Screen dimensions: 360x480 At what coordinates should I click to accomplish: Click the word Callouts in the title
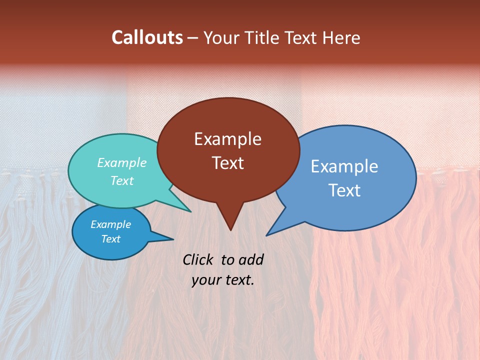(x=147, y=37)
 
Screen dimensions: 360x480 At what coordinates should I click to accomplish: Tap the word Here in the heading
(x=342, y=37)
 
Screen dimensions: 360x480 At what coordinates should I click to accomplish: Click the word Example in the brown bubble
(x=227, y=139)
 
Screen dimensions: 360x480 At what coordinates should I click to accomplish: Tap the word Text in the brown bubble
(x=227, y=163)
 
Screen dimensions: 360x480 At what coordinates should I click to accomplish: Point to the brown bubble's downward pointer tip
(x=230, y=230)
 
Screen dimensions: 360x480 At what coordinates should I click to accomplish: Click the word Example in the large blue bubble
(x=344, y=166)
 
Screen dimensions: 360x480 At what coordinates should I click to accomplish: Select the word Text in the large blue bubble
(x=344, y=190)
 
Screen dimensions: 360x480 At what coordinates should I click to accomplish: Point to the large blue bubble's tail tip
(x=266, y=235)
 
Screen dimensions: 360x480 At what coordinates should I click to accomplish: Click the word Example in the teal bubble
(x=121, y=163)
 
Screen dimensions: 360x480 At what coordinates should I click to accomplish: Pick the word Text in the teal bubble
(x=121, y=181)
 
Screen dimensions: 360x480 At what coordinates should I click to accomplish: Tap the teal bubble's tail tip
(x=190, y=211)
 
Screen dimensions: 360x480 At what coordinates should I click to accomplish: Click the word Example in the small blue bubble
(x=110, y=224)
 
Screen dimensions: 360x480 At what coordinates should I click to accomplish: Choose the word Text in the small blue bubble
(x=110, y=239)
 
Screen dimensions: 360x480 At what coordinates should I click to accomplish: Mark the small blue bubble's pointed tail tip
(x=173, y=239)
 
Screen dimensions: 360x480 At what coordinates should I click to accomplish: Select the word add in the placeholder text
(x=251, y=259)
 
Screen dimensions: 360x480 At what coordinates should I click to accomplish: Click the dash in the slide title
(x=193, y=38)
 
